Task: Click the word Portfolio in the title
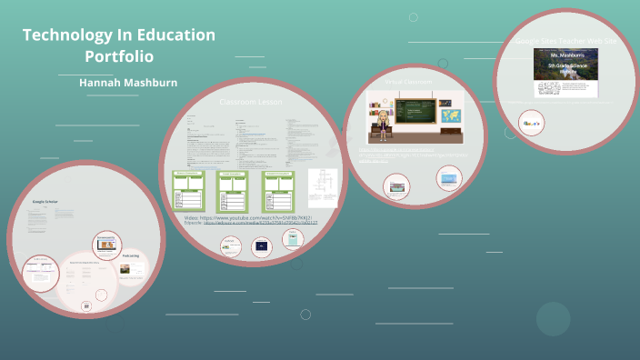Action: click(118, 56)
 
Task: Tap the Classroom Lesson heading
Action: click(250, 102)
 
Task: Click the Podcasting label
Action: click(131, 255)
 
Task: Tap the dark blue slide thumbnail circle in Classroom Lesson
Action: click(262, 245)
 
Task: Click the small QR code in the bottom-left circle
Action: click(86, 307)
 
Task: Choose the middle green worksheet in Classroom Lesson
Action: click(233, 191)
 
